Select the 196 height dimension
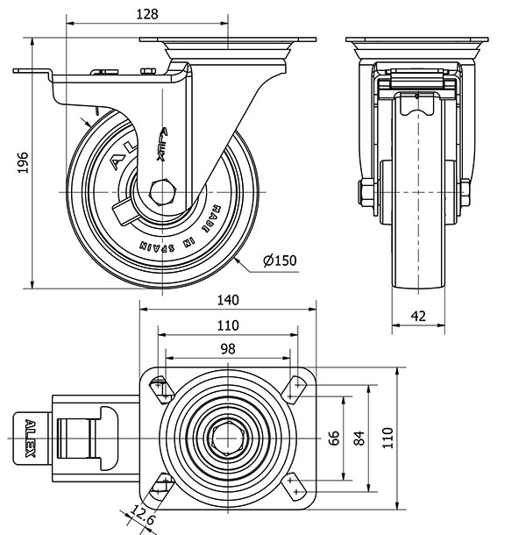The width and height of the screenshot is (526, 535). [24, 164]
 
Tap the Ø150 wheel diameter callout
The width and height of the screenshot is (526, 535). [281, 259]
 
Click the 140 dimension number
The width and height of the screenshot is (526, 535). [227, 300]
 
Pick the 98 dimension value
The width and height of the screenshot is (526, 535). [227, 348]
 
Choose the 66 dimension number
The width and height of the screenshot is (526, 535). [334, 437]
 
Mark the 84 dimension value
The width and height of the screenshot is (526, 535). [358, 437]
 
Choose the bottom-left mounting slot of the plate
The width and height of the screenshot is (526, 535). [162, 483]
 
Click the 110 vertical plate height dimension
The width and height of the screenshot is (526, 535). [387, 437]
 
